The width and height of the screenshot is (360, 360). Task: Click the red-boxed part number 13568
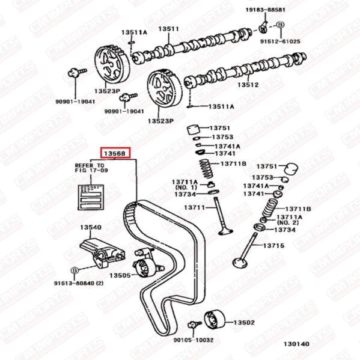point(115,153)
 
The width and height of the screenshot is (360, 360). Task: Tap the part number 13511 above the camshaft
point(168,29)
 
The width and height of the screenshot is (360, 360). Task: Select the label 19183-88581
point(266,10)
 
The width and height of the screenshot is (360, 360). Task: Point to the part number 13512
point(248,85)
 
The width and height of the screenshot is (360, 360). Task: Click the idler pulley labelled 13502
point(215,319)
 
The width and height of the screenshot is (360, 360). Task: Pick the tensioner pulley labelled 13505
point(145,267)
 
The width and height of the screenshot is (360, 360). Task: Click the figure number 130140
point(296,344)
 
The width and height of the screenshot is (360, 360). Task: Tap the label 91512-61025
point(280,41)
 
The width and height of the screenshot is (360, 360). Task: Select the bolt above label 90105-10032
point(194,324)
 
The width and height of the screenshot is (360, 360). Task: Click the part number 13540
point(91,227)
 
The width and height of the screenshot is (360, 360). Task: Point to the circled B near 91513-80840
point(75,270)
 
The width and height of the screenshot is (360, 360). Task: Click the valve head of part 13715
point(240,263)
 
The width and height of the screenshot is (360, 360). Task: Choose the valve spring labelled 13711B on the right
point(270,207)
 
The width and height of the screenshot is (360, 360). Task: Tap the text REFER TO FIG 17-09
point(91,168)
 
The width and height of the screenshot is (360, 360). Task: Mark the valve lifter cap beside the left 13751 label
point(194,130)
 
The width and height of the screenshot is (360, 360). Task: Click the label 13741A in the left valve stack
point(227,146)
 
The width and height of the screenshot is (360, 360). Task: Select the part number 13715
point(273,245)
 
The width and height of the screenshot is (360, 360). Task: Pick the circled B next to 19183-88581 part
point(280,25)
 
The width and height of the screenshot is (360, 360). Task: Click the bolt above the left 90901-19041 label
point(77,72)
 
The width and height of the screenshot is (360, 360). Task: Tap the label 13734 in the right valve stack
point(285,230)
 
